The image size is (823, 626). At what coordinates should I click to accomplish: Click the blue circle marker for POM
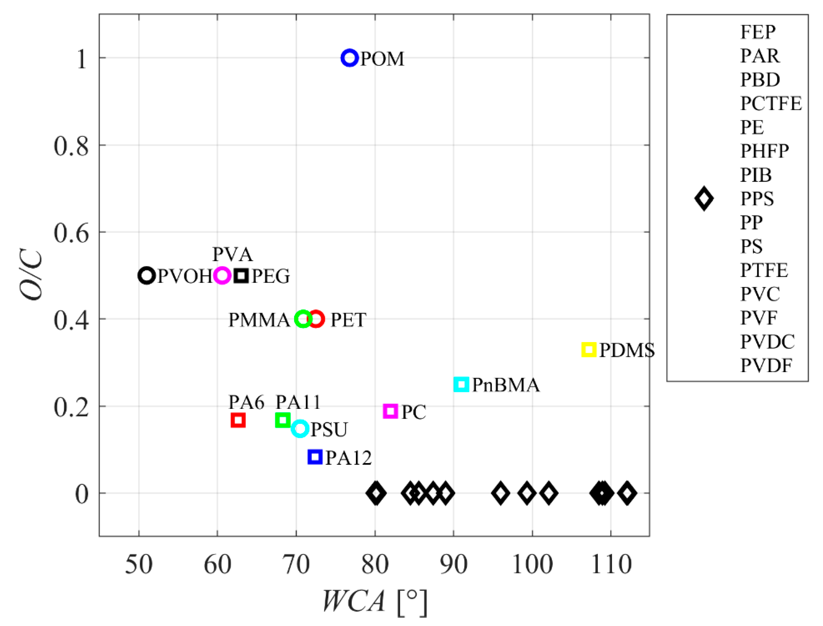click(x=349, y=58)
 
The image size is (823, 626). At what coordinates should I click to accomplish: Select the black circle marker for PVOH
click(x=147, y=276)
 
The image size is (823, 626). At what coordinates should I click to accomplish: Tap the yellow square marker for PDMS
click(x=589, y=349)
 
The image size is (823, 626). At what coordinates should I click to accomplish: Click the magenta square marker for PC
click(x=391, y=411)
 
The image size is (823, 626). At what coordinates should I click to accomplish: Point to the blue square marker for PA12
click(x=315, y=457)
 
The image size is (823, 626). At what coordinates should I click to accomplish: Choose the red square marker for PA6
click(x=238, y=420)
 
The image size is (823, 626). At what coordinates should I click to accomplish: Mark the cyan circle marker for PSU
click(x=300, y=428)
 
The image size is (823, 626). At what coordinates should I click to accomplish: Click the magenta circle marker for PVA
click(x=222, y=276)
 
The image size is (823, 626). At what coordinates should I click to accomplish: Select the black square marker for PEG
click(x=241, y=276)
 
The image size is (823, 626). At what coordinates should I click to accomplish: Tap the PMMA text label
click(x=259, y=320)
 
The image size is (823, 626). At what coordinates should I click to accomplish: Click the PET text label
click(x=348, y=320)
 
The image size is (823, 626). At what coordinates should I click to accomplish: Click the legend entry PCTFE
click(x=770, y=104)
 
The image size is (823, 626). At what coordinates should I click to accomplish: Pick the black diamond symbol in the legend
click(x=704, y=198)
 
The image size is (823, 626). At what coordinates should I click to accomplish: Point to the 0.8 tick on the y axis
click(x=71, y=146)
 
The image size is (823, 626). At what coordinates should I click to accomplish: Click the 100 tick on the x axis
click(x=532, y=564)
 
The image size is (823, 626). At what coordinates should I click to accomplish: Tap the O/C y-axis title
click(x=31, y=276)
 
